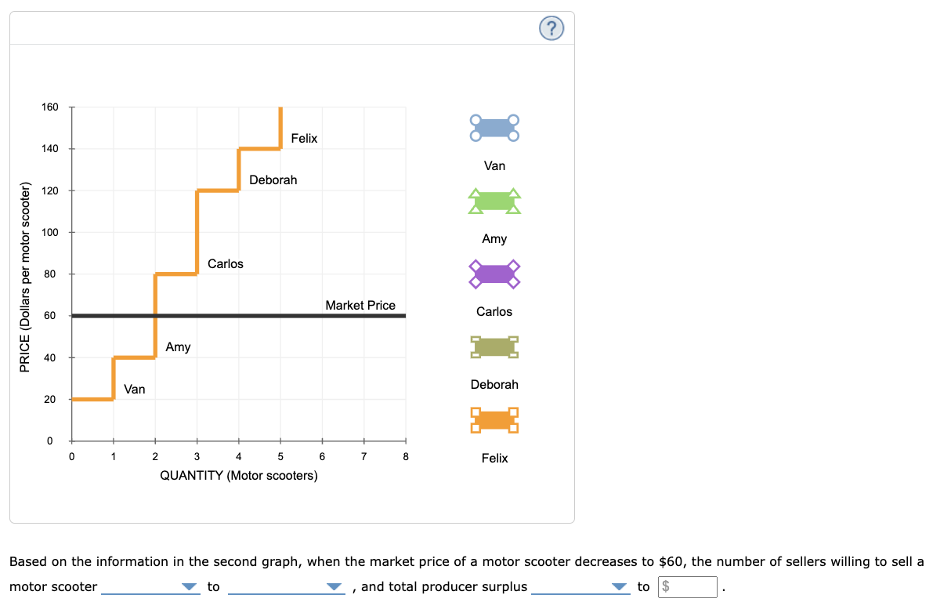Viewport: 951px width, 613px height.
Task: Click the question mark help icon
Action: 551,30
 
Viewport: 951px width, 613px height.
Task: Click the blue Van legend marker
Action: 494,128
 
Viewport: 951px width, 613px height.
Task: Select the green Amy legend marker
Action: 494,201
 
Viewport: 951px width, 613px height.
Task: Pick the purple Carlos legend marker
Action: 494,274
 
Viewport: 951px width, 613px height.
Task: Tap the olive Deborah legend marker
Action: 494,346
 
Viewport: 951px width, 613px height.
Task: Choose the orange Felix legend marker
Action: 494,420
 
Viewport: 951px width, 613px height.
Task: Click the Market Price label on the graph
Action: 360,305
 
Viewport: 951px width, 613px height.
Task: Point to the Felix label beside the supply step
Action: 304,138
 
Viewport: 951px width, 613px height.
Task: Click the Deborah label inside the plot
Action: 273,180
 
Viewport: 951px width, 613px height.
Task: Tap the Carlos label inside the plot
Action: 226,263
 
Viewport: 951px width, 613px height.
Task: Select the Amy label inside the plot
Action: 178,346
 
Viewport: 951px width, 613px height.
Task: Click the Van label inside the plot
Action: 134,389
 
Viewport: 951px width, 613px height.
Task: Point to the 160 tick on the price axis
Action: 50,107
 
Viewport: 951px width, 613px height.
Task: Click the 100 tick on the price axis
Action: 50,232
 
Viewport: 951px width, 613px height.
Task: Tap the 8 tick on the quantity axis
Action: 406,457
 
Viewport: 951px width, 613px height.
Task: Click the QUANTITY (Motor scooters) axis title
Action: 239,476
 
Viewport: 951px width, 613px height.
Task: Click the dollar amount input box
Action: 687,587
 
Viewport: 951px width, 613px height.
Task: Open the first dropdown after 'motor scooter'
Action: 150,587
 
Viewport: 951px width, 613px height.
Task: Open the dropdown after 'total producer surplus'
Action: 580,587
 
